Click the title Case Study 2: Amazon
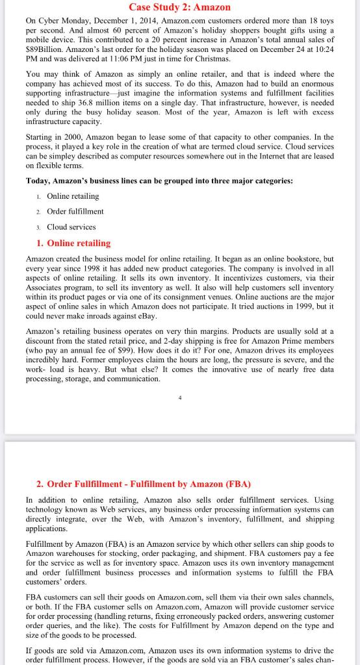coord(180,7)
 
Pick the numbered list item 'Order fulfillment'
coord(75,211)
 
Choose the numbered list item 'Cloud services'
coord(71,227)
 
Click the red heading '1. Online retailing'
coord(73,243)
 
